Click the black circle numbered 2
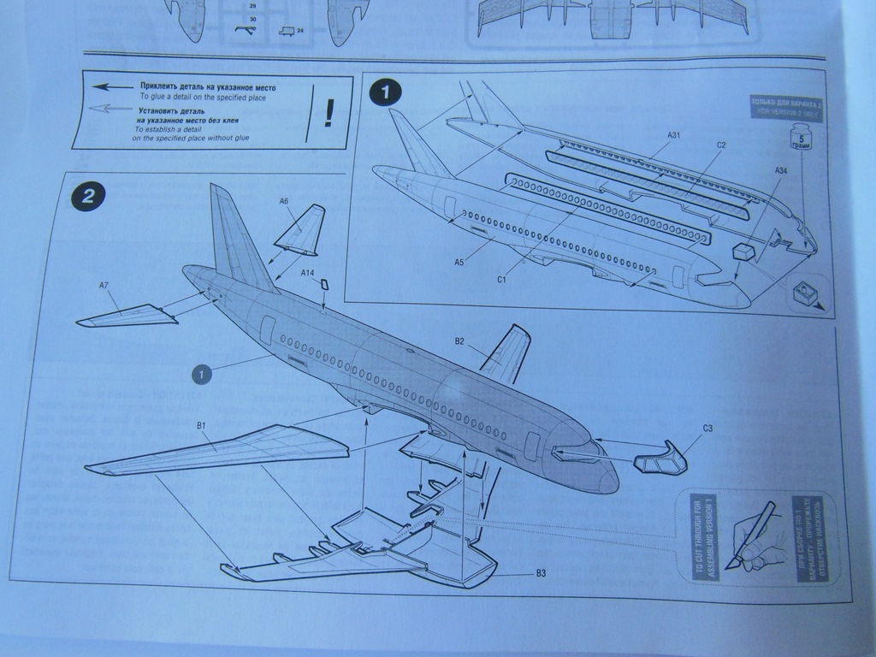(x=88, y=198)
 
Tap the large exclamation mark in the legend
(x=328, y=112)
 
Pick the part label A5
(x=459, y=263)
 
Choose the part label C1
(x=501, y=279)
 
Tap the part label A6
(x=284, y=201)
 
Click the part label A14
(x=308, y=273)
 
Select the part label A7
(x=104, y=286)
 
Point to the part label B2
(x=459, y=341)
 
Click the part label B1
(x=203, y=424)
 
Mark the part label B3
(x=541, y=573)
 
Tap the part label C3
(x=707, y=428)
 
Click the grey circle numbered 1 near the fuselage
(x=202, y=374)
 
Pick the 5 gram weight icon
(x=802, y=138)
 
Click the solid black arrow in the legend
(x=110, y=87)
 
